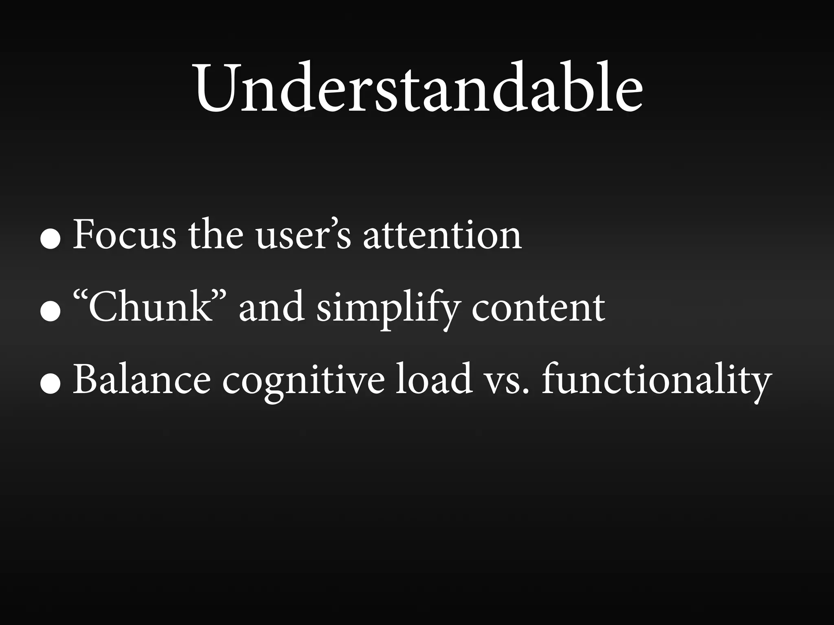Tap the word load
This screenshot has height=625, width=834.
coord(435,380)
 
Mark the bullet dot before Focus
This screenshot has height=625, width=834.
coord(51,240)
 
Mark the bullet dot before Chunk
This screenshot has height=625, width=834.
coord(51,313)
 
